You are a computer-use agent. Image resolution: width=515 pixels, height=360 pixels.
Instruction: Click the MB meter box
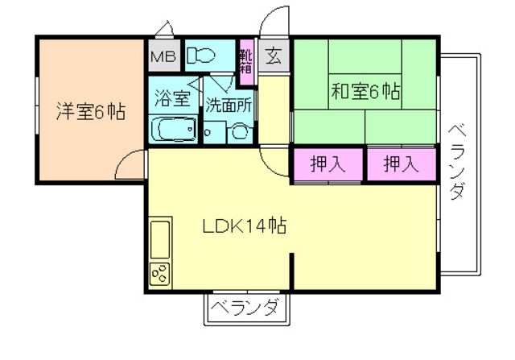tap(164, 57)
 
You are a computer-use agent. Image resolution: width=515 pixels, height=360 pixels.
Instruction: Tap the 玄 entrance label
tap(274, 57)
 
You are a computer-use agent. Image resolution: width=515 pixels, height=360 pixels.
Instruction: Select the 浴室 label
tap(172, 100)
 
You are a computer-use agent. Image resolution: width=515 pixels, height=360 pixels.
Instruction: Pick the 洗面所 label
tap(229, 104)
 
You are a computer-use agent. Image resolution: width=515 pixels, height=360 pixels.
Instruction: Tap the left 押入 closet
tap(328, 164)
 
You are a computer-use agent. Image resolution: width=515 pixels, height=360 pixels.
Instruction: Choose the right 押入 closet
tap(400, 164)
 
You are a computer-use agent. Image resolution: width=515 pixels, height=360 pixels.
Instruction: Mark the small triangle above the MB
tap(163, 31)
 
